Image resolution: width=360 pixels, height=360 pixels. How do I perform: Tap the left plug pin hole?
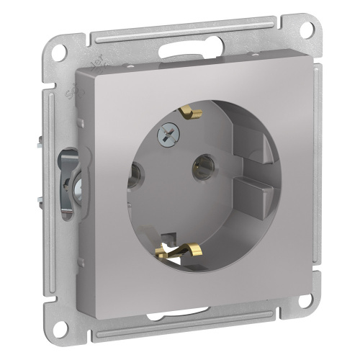134,172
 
